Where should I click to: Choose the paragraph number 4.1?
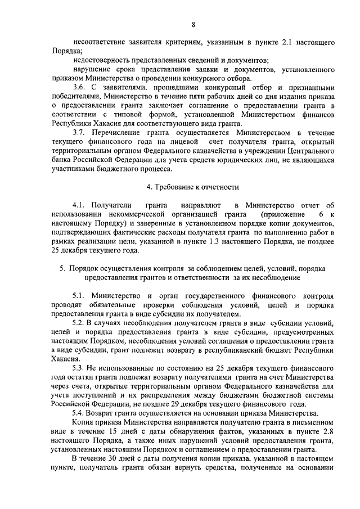coord(80,205)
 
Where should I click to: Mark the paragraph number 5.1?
coord(80,295)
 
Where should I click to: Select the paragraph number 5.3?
coord(80,367)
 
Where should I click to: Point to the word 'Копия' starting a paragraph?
coord(83,421)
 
